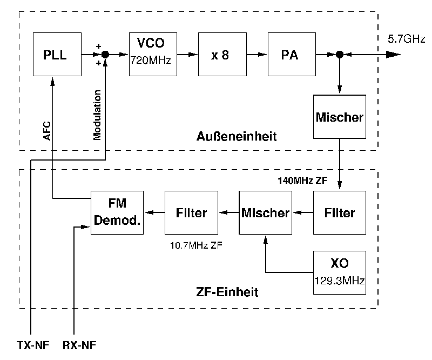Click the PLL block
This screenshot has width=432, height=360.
coord(56,54)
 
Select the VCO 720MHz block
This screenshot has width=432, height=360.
coord(151,54)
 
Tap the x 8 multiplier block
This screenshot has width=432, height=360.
coord(220,54)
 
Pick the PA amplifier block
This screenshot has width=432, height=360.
coord(290,54)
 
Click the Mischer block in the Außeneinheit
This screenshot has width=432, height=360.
coord(340,117)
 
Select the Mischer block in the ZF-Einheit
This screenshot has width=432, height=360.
coord(266,212)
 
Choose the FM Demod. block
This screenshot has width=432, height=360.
coord(117,212)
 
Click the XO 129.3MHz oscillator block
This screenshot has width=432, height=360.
coord(340,272)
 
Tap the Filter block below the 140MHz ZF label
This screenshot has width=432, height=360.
coord(340,212)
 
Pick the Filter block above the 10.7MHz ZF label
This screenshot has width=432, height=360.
coord(191,212)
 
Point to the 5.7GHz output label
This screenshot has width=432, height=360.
coord(407,39)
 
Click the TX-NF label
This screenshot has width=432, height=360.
coord(32,345)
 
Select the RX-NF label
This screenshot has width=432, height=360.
coord(79,345)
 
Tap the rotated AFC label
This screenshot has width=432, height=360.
coord(47,131)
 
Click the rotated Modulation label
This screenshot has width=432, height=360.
coord(97,115)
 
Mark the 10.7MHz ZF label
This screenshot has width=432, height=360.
coord(196,244)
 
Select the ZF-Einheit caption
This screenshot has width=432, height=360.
coord(227,292)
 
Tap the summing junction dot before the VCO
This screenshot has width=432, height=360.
coord(105,54)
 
